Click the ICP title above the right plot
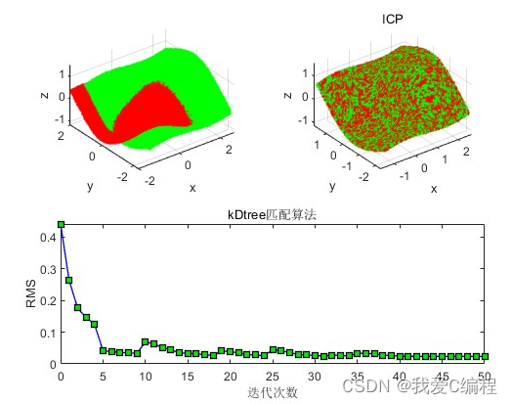[392, 19]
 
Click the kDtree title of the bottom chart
[274, 214]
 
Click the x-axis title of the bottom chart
[274, 391]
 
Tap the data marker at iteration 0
[61, 224]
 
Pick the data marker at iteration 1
[69, 280]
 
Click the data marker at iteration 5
[103, 349]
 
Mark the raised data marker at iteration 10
[145, 341]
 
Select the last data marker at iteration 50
[485, 356]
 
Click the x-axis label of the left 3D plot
[192, 187]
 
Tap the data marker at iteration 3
[86, 317]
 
